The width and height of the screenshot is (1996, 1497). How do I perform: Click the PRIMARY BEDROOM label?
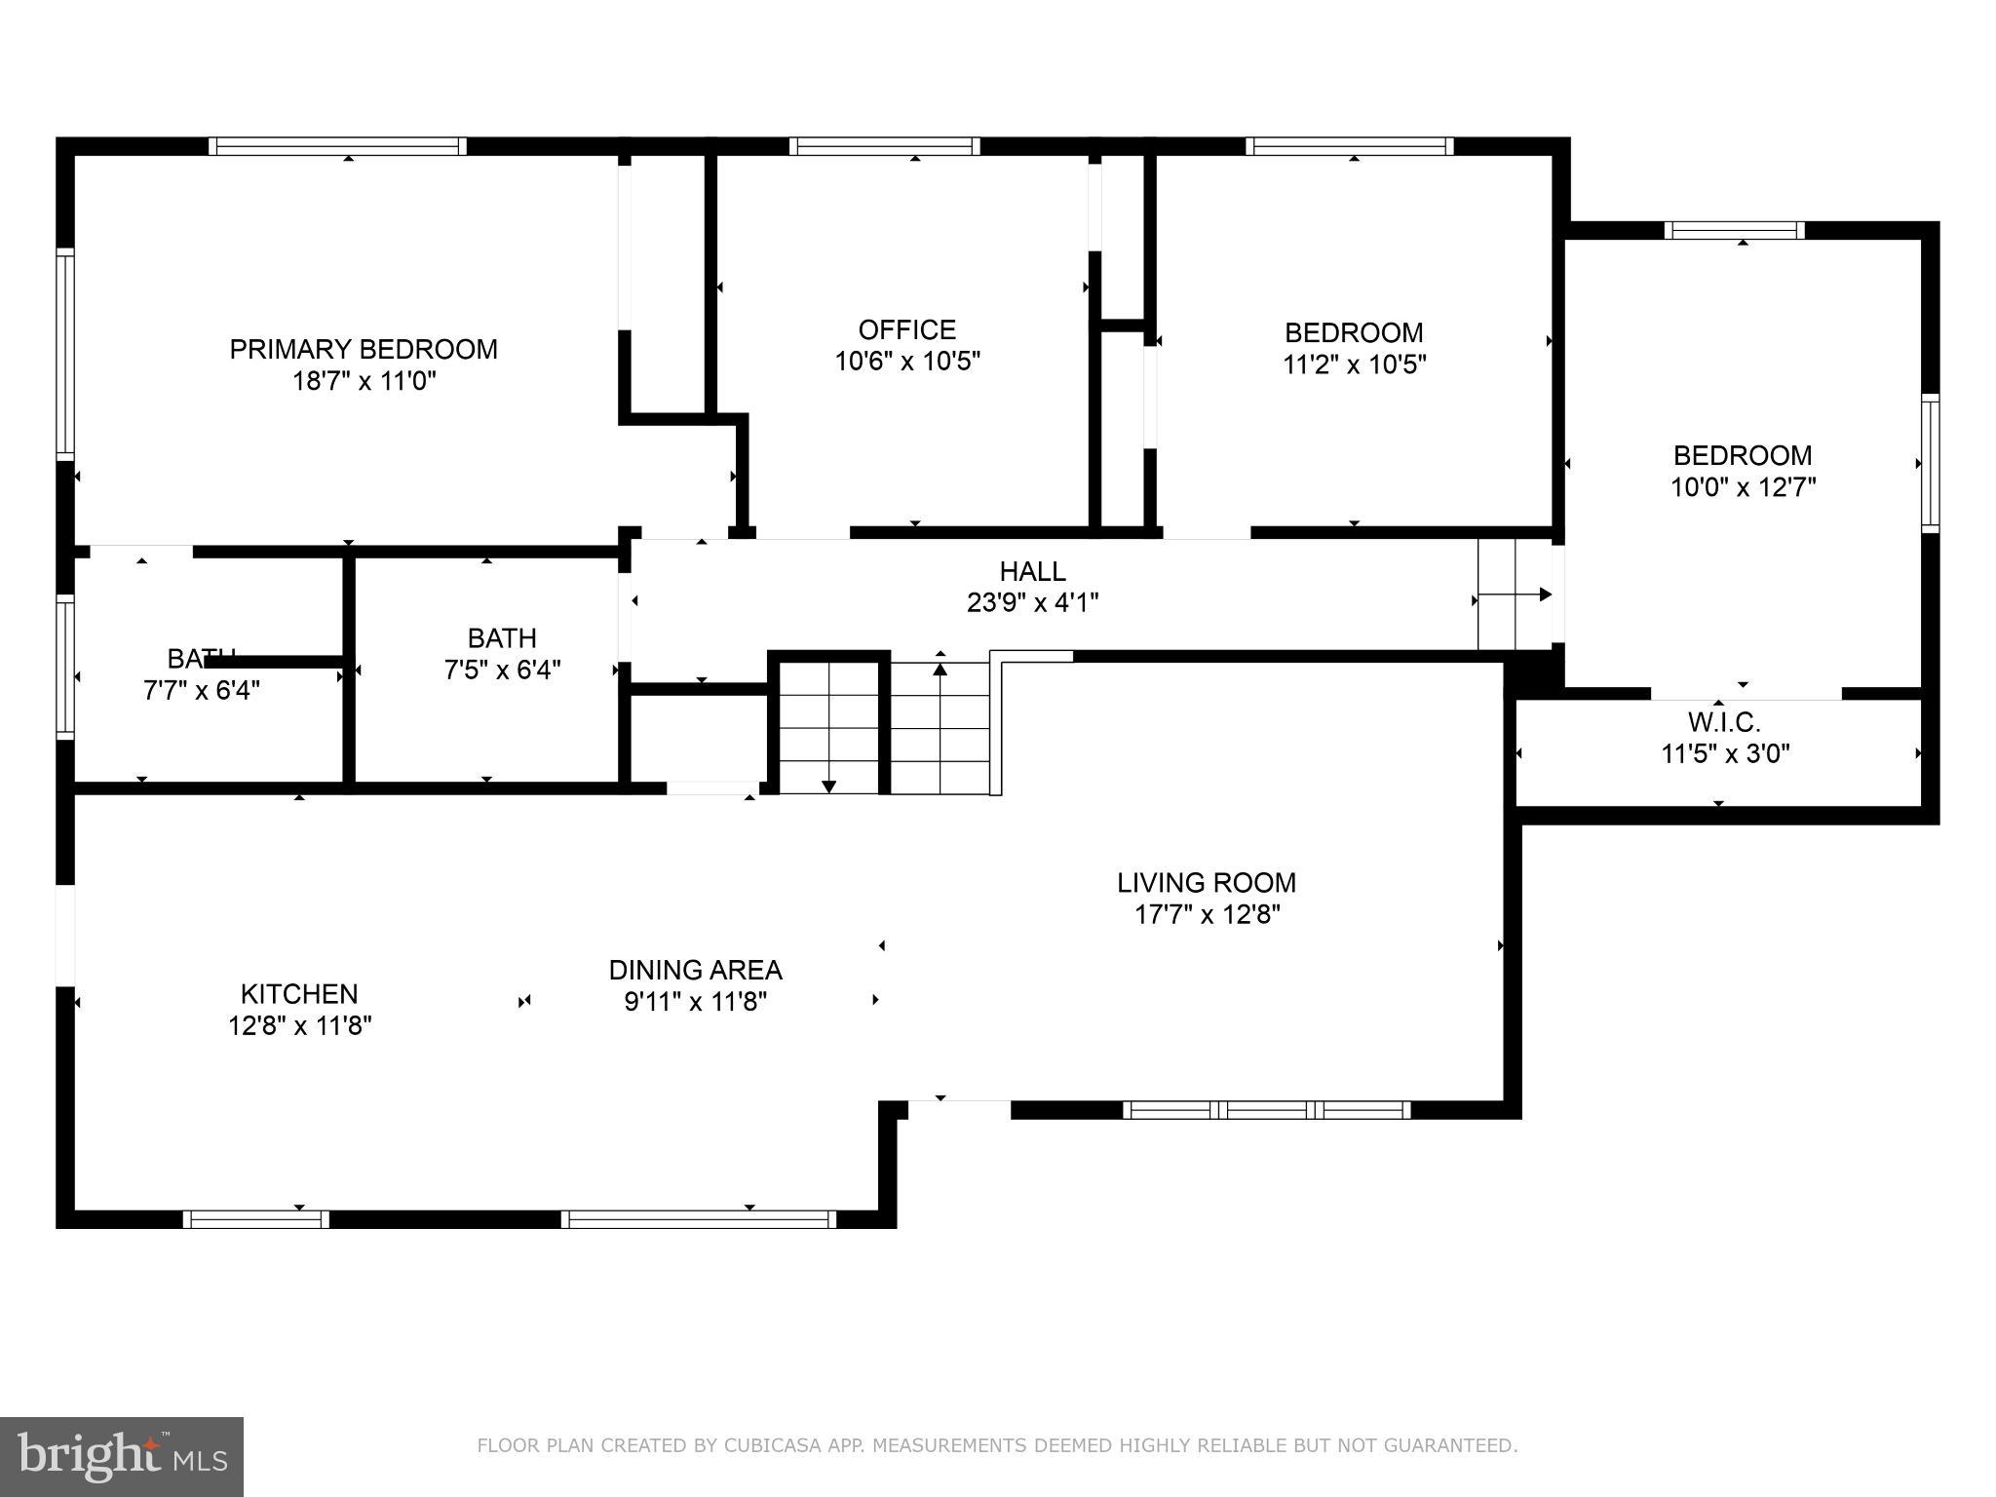coord(363,349)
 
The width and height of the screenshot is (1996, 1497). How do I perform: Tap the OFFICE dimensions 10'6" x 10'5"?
coord(906,362)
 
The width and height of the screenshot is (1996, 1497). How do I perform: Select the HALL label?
coord(1032,571)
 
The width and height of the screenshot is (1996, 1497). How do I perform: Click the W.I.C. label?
coord(1724,722)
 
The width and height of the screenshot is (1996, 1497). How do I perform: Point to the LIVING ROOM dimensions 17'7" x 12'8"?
coord(1207,915)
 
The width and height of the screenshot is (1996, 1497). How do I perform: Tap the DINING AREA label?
coord(695,970)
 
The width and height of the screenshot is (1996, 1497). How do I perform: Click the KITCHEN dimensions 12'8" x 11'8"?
coord(300,1025)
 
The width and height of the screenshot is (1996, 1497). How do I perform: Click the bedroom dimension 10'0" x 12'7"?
coord(1743,487)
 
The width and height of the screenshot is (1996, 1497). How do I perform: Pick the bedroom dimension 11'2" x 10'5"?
coord(1354,365)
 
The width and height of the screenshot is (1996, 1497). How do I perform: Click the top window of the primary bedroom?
coord(337,146)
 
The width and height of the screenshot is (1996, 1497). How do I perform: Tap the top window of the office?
coord(884,146)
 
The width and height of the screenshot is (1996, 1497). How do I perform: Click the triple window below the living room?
coord(1266,1110)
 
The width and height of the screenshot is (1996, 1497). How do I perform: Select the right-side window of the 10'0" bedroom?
coord(1930,463)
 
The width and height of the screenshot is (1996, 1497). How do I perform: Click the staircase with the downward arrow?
coord(828,726)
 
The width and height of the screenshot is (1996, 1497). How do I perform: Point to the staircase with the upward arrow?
coord(940,726)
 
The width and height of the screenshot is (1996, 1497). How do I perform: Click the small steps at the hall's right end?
coord(1514,595)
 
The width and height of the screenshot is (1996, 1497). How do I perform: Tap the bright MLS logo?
coord(121,1457)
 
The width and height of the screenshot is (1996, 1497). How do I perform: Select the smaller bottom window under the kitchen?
coord(256,1219)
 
